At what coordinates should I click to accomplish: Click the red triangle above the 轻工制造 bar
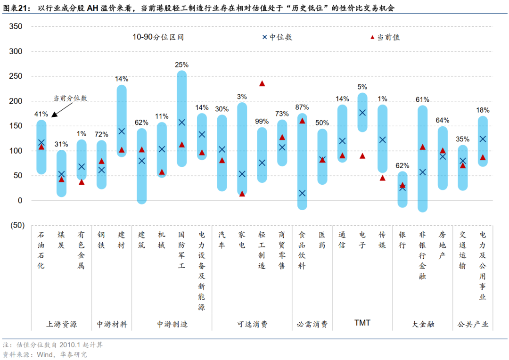(262, 83)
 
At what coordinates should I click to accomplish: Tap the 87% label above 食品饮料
(302, 107)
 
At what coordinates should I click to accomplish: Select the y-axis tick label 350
(16, 26)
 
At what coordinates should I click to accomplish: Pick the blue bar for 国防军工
(182, 119)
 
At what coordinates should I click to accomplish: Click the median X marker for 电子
(362, 113)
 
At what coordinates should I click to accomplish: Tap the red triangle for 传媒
(382, 178)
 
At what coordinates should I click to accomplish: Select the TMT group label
(362, 323)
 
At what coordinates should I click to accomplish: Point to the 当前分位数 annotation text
(70, 98)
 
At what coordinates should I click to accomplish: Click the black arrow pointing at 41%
(58, 110)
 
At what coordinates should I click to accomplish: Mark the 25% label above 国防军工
(182, 65)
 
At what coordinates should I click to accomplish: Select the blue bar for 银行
(402, 189)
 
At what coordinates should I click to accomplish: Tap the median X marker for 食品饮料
(302, 193)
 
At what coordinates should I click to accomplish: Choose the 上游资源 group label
(62, 324)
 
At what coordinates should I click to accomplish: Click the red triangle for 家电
(242, 194)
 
